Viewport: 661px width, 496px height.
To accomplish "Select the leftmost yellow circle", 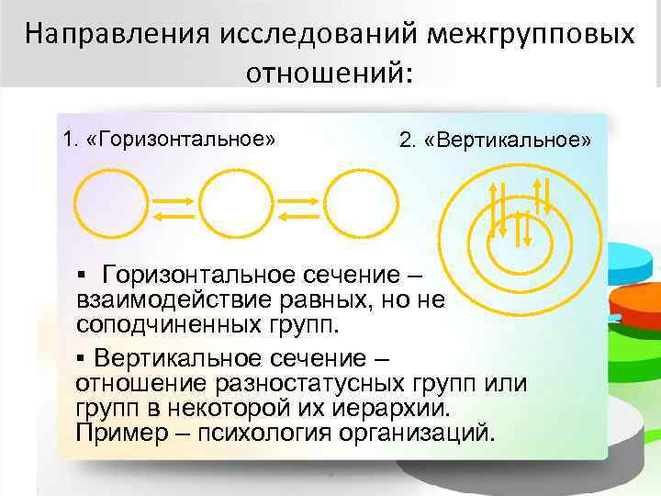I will pyautogui.click(x=110, y=207).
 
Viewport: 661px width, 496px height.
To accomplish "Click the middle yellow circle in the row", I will pyautogui.click(x=237, y=207).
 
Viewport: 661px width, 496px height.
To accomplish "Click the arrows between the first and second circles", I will pyautogui.click(x=174, y=208).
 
